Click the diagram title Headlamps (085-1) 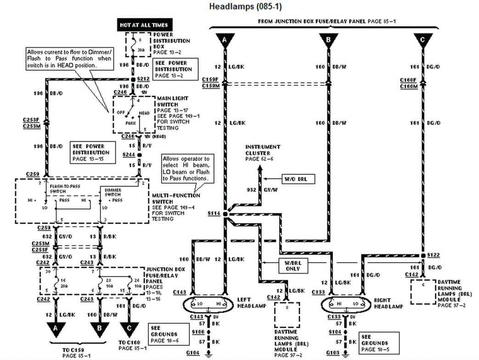[239, 6]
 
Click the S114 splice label [214, 214]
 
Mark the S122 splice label [433, 254]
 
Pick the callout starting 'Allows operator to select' [186, 168]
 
